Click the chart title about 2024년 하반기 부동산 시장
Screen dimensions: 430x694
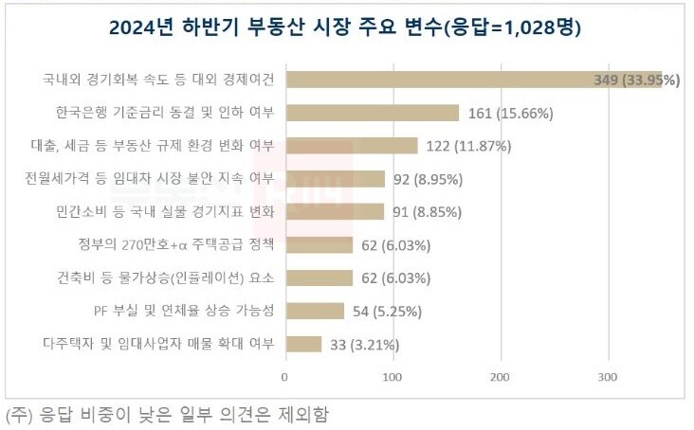coord(345,28)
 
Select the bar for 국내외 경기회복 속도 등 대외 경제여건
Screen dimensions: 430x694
coord(474,80)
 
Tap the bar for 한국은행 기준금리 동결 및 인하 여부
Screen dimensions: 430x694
coord(372,113)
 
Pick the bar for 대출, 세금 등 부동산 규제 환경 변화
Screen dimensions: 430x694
coord(351,145)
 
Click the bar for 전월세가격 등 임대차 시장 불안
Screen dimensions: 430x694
coord(335,178)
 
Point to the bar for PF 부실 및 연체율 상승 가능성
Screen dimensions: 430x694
coord(314,311)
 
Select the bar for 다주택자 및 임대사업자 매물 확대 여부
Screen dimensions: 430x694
coord(303,344)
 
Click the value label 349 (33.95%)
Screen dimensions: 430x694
coord(635,80)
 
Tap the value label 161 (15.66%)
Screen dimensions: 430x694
coord(511,113)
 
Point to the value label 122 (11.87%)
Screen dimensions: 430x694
coord(468,146)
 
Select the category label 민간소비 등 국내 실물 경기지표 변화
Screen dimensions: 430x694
coord(165,211)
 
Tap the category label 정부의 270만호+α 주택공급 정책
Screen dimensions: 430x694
coord(176,244)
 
